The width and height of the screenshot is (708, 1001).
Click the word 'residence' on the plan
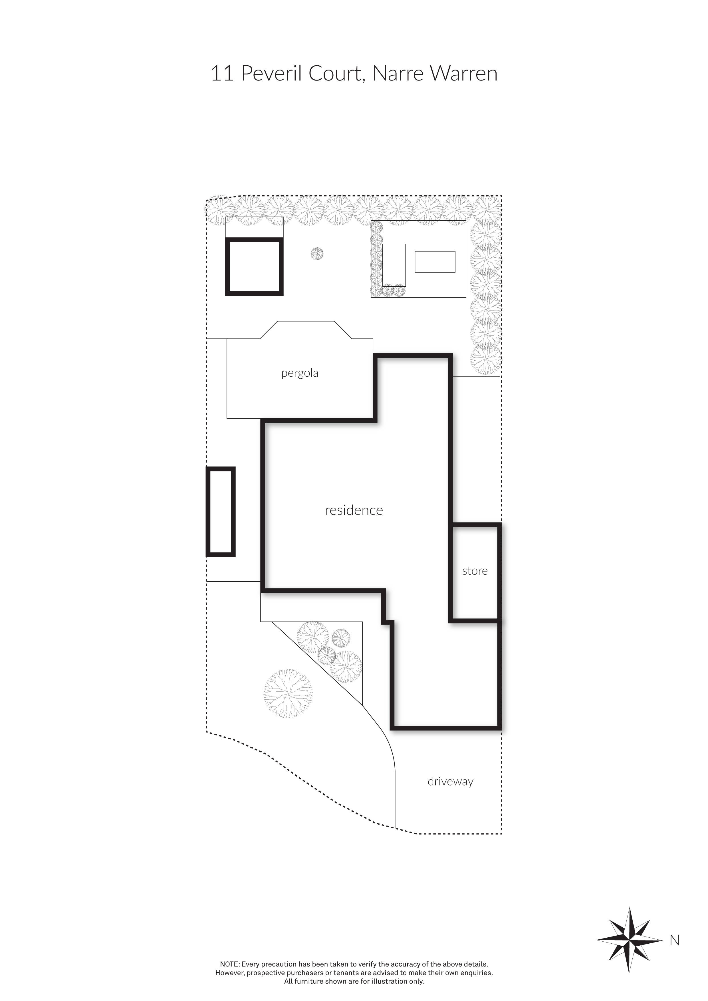(x=354, y=510)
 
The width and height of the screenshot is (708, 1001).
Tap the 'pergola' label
(x=300, y=373)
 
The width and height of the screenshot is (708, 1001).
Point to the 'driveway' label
(x=450, y=781)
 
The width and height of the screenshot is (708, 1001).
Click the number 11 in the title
(x=222, y=73)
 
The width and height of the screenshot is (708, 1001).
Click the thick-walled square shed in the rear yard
(x=254, y=267)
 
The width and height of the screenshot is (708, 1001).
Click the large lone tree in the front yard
(x=288, y=693)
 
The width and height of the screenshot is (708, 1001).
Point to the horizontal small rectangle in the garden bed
(x=435, y=262)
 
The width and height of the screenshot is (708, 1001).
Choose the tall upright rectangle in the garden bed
(x=394, y=265)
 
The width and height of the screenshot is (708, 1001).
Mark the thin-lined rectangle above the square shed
(x=254, y=227)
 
